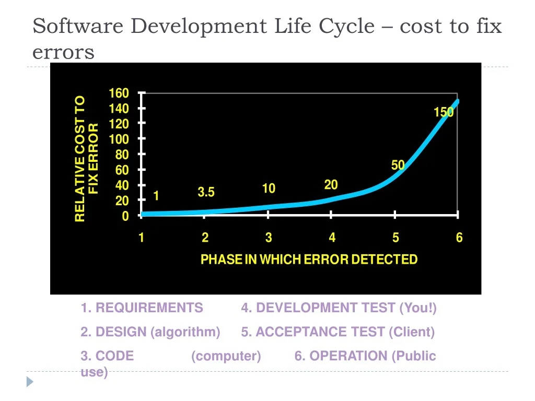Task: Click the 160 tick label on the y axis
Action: [x=119, y=93]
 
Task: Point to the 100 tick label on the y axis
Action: [x=119, y=139]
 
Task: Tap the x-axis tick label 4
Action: [x=332, y=238]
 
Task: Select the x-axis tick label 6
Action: [x=459, y=238]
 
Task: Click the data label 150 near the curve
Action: [x=444, y=112]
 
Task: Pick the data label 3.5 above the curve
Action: [x=206, y=192]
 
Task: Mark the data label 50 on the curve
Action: [x=398, y=165]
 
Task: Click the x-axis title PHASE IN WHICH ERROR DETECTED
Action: [x=309, y=260]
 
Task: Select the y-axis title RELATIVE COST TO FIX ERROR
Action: [x=86, y=159]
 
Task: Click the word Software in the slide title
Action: [x=78, y=26]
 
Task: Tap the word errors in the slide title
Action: [x=63, y=53]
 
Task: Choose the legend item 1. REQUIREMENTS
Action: [x=142, y=308]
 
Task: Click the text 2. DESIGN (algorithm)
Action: [x=150, y=332]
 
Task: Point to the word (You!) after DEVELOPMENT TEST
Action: [x=418, y=308]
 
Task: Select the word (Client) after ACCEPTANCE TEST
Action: [x=412, y=332]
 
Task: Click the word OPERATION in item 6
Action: [x=348, y=356]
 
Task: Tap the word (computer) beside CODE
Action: [x=226, y=356]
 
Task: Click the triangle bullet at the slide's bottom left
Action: [x=30, y=382]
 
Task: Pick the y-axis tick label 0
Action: [x=125, y=216]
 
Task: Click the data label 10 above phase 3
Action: [x=269, y=188]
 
